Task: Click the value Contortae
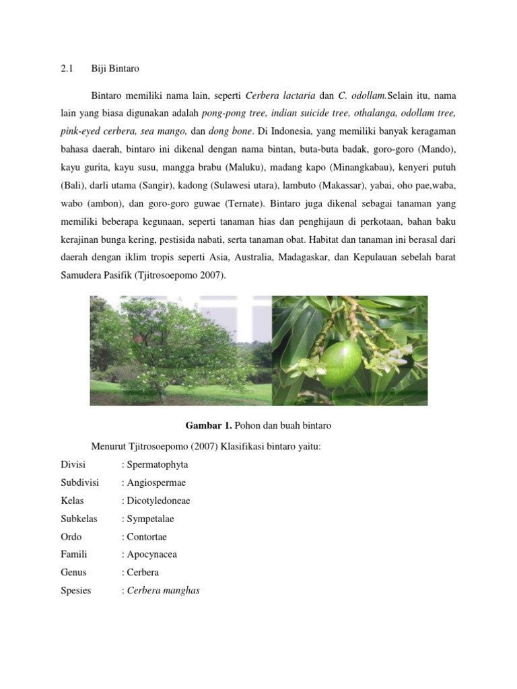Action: click(x=146, y=536)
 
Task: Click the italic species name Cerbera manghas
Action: click(x=162, y=591)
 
